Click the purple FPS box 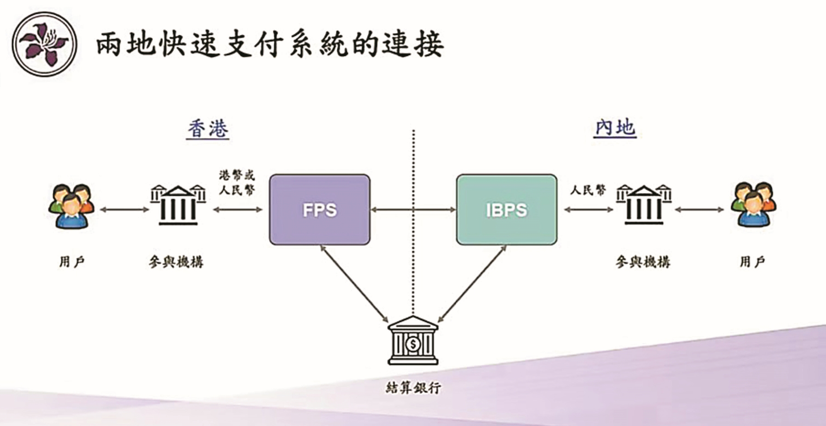pyautogui.click(x=320, y=210)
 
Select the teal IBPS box pyautogui.click(x=506, y=210)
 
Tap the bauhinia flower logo pyautogui.click(x=44, y=44)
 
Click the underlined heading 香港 pyautogui.click(x=208, y=129)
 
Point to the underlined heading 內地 pyautogui.click(x=615, y=128)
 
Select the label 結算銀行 pyautogui.click(x=413, y=388)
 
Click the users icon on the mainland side pyautogui.click(x=753, y=205)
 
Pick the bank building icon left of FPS pyautogui.click(x=178, y=205)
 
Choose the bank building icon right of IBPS pyautogui.click(x=644, y=205)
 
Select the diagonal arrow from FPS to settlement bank pyautogui.click(x=354, y=283)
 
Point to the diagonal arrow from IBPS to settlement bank pyautogui.click(x=472, y=283)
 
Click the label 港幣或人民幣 pyautogui.click(x=237, y=182)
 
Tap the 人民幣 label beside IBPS pyautogui.click(x=588, y=190)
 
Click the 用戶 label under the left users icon pyautogui.click(x=72, y=262)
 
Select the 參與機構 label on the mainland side pyautogui.click(x=643, y=262)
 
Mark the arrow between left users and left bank pyautogui.click(x=124, y=210)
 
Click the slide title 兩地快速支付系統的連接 pyautogui.click(x=270, y=45)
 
